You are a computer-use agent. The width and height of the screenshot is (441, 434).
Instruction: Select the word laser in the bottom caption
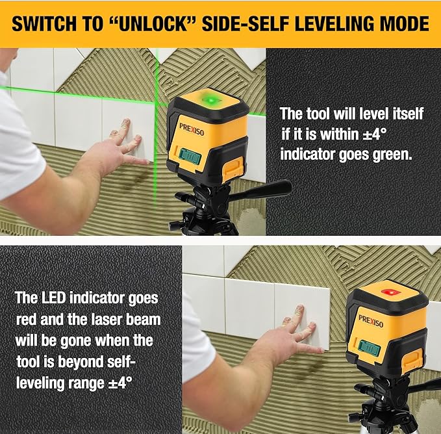point(102,320)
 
